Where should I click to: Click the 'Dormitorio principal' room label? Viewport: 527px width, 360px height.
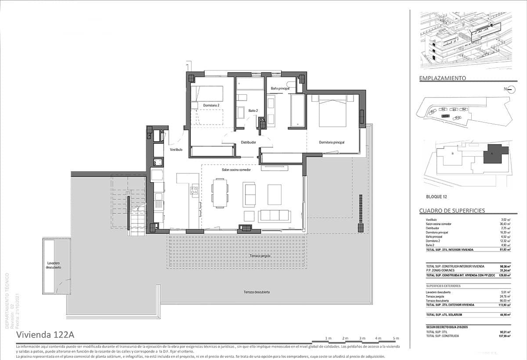(332, 142)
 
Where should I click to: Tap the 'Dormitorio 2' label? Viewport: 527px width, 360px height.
(211, 105)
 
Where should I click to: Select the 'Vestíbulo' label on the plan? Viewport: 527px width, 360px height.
(176, 150)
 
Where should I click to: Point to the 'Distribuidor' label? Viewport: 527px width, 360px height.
(248, 142)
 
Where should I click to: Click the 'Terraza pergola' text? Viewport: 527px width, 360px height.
(260, 256)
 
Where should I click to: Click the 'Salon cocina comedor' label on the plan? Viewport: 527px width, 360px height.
(236, 170)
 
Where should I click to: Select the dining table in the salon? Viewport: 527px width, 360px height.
(220, 192)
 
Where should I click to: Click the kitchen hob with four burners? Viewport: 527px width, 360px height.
(194, 190)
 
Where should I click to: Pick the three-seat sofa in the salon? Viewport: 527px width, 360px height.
(274, 216)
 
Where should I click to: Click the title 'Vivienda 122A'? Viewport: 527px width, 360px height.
(45, 335)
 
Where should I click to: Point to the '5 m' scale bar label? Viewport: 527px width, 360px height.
(396, 338)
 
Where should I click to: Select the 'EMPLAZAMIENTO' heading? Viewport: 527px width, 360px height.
(442, 78)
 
